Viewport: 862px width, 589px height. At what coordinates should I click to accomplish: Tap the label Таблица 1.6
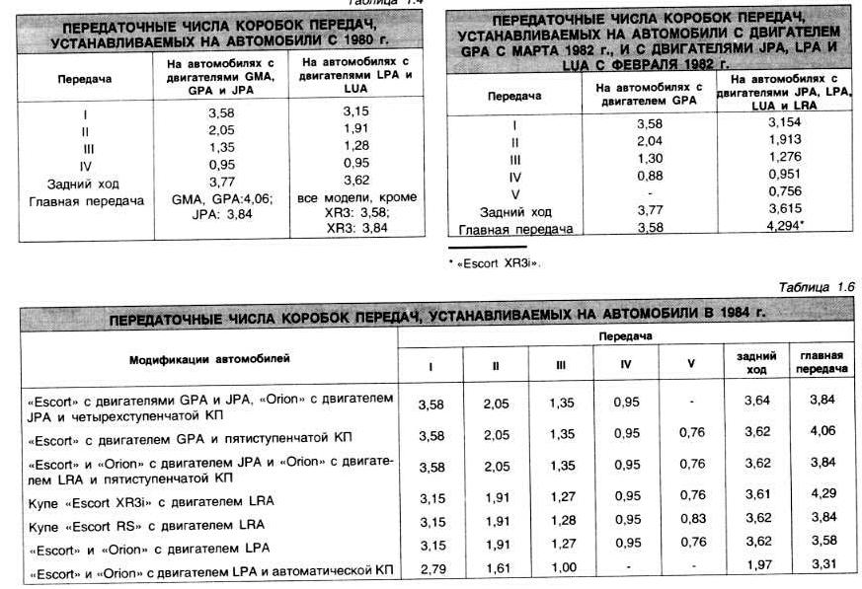[x=816, y=287]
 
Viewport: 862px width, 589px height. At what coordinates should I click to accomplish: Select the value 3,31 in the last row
[x=821, y=563]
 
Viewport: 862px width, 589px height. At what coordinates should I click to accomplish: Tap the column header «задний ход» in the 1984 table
[x=756, y=362]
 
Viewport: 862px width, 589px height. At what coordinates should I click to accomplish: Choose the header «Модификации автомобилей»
[x=209, y=359]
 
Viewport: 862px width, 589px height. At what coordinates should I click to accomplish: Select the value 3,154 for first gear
[x=784, y=122]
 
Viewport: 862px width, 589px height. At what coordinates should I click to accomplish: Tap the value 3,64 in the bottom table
[x=756, y=402]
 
